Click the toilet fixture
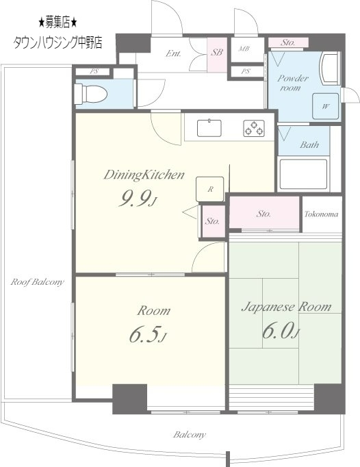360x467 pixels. point(90,94)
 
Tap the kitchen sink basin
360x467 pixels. point(209,128)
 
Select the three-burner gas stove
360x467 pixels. point(254,128)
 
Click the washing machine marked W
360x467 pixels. point(326,106)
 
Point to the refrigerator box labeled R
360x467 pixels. point(210,189)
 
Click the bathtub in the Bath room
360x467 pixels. point(303,174)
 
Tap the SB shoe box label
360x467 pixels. point(217,53)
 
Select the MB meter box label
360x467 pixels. point(244,49)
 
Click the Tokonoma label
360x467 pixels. point(321,214)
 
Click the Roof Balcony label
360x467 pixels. point(37,281)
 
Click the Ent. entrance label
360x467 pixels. point(173,53)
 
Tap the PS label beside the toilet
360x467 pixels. point(94,72)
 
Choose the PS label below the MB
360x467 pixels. point(246,71)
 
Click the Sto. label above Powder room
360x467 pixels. point(287,42)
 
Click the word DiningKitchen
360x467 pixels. point(144,175)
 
